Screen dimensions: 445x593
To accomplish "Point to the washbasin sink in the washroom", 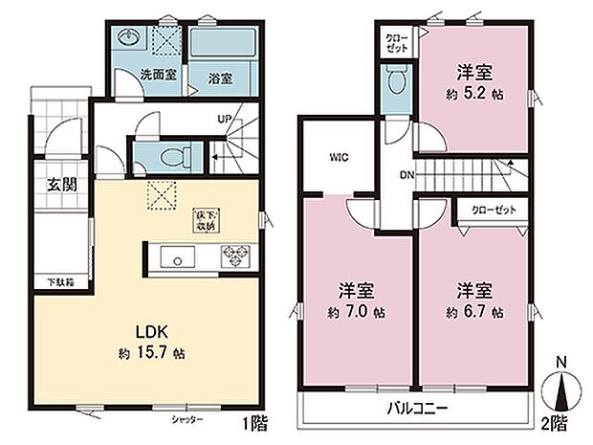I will [x=130, y=39].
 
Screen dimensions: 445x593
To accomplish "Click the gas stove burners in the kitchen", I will [x=235, y=256].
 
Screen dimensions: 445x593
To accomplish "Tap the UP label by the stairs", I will [x=225, y=119].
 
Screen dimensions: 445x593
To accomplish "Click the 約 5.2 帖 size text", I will [x=474, y=94].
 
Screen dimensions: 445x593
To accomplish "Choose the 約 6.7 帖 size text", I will [x=474, y=312].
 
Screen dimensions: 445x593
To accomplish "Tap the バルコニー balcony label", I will [x=419, y=408].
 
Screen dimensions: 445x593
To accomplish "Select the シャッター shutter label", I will [x=188, y=420].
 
